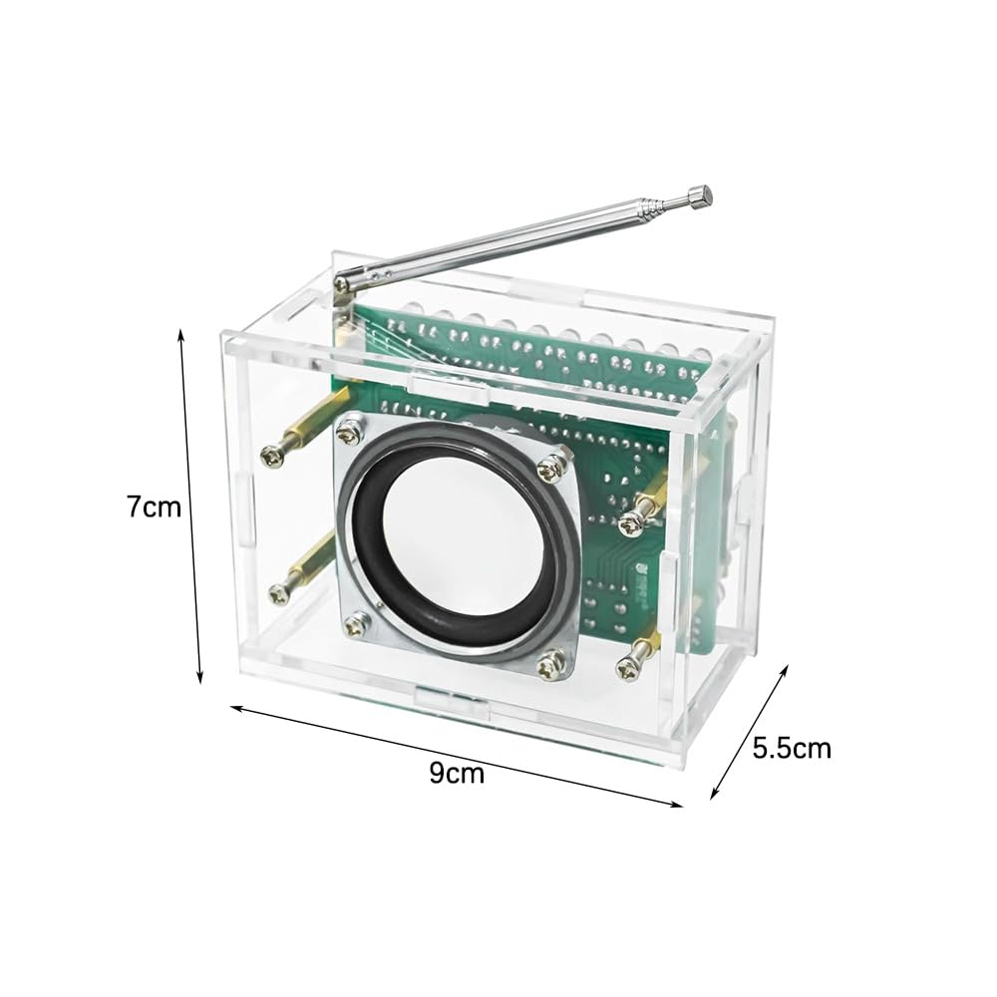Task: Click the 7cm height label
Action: [x=155, y=507]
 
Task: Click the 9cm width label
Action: [x=457, y=774]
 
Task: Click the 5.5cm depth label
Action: [x=792, y=748]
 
